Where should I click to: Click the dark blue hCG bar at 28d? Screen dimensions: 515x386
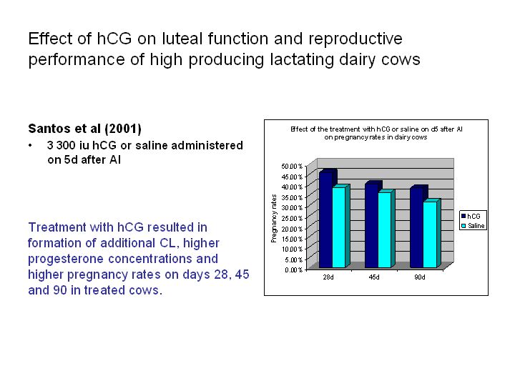[x=326, y=220]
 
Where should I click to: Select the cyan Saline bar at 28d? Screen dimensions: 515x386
[x=339, y=227]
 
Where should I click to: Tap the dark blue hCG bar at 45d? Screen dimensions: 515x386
[x=371, y=225]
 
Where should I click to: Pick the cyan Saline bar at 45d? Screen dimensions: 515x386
[x=385, y=229]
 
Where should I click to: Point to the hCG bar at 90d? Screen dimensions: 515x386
[x=417, y=227]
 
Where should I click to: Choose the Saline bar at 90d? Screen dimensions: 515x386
[x=430, y=234]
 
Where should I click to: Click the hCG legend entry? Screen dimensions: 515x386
[x=471, y=216]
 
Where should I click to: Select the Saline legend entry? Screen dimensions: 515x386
[x=473, y=226]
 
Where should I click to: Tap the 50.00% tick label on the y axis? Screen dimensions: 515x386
[x=292, y=166]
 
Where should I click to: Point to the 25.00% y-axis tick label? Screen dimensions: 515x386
[x=292, y=218]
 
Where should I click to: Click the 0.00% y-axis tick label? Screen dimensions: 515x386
[x=294, y=269]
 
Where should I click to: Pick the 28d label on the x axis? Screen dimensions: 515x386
[x=328, y=277]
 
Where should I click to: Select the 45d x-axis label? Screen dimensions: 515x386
[x=374, y=277]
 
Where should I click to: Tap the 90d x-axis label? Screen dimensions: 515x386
[x=419, y=277]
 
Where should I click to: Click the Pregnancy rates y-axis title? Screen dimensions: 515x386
[x=274, y=218]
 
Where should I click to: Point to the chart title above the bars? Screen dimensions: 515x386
[x=376, y=133]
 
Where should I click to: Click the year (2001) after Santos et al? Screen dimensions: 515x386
[x=123, y=129]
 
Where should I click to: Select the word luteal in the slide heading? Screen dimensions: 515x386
[x=182, y=39]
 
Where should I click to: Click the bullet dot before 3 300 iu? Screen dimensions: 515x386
[x=30, y=145]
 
